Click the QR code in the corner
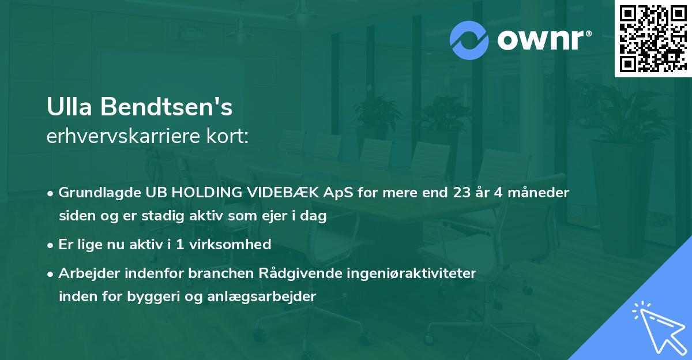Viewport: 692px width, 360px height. pyautogui.click(x=653, y=39)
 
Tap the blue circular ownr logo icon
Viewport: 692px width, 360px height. pyautogui.click(x=470, y=40)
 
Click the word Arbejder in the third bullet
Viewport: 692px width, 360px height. pyautogui.click(x=84, y=273)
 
